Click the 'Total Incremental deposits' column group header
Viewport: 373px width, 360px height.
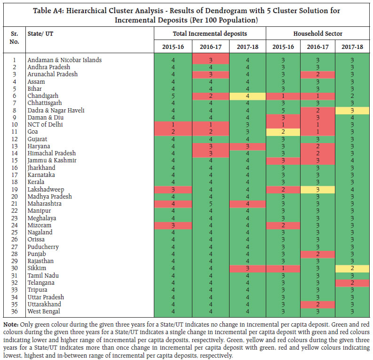point(210,33)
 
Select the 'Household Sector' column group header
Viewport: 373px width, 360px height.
point(318,33)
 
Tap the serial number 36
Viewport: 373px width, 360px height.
point(14,312)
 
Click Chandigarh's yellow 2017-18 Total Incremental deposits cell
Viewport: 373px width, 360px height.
point(247,96)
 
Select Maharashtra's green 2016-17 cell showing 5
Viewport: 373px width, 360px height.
point(210,204)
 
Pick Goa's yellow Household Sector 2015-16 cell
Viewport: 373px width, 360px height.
point(284,132)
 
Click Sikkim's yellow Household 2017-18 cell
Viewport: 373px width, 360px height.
point(352,268)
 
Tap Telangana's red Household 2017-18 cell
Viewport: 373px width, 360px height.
point(352,283)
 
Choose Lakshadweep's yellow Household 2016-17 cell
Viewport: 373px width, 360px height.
point(318,189)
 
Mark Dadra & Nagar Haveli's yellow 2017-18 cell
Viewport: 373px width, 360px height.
point(352,110)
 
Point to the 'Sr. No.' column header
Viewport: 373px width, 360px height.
point(14,38)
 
